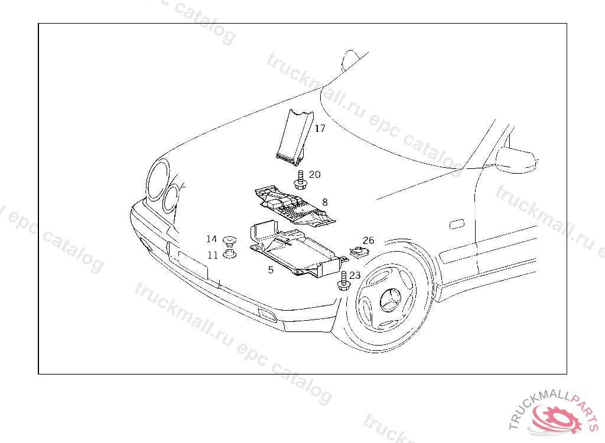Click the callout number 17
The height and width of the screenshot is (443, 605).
(320, 129)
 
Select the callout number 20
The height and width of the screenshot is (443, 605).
(315, 175)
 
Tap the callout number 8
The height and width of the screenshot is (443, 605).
(325, 202)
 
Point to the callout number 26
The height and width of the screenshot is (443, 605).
(369, 241)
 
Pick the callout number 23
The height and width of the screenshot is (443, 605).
(355, 276)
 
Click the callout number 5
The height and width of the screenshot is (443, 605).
(271, 270)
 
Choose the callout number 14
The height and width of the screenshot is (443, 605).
(212, 239)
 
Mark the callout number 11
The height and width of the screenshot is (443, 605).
(212, 255)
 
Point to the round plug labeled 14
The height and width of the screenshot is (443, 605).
(230, 240)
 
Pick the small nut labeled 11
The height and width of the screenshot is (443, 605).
(230, 255)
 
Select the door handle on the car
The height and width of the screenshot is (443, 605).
(457, 225)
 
